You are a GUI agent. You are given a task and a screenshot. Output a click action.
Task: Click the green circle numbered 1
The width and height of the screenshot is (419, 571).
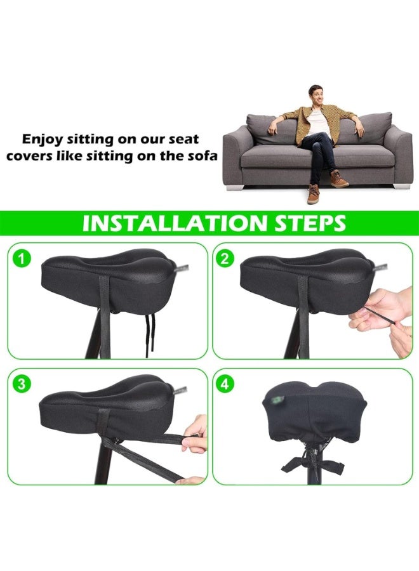click(23, 258)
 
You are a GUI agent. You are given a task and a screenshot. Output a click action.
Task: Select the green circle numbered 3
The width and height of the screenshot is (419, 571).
click(23, 384)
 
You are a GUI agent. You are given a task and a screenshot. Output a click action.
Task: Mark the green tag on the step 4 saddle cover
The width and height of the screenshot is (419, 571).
click(277, 401)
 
